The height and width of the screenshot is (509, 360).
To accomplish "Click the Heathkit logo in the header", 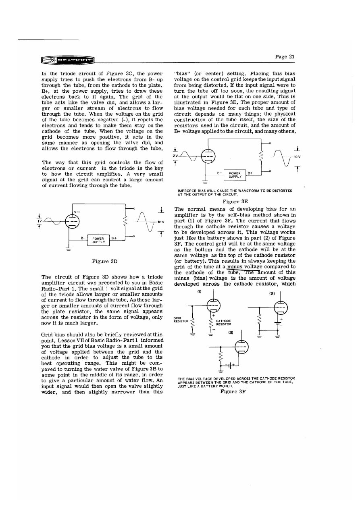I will pyautogui.click(x=67, y=61).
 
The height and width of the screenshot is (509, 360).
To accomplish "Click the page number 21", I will pyautogui.click(x=285, y=57).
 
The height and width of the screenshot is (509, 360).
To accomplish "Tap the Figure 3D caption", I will pyautogui.click(x=105, y=262).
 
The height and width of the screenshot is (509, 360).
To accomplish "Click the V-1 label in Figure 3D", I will pyautogui.click(x=77, y=212).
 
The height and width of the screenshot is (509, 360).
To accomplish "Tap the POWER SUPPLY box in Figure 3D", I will pyautogui.click(x=99, y=240).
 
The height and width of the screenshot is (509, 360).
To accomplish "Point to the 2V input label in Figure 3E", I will pyautogui.click(x=175, y=156).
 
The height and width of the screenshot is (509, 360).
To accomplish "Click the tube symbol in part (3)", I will pyautogui.click(x=241, y=347).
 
